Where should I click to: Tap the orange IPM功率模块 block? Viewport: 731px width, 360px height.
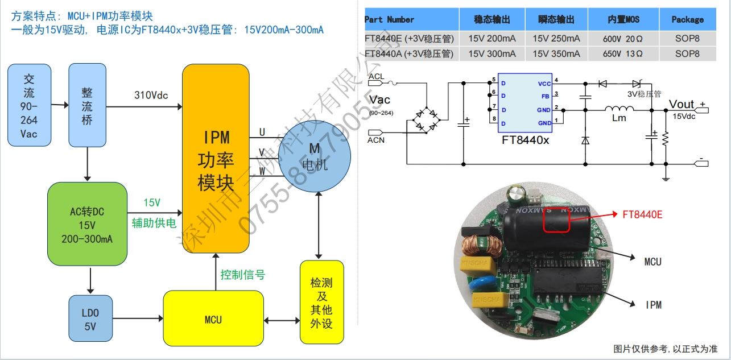pos(216,159)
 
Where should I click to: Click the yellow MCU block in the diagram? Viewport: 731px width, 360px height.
pos(213,320)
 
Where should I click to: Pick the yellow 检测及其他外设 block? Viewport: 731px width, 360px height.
pos(321,302)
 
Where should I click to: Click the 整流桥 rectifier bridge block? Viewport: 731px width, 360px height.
pos(87,105)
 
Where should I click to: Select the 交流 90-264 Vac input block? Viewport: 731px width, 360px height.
pos(29,105)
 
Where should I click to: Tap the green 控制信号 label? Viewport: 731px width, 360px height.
pos(243,275)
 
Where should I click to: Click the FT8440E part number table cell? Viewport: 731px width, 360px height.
pos(410,39)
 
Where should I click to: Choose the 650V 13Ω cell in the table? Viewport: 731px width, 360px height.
pos(623,54)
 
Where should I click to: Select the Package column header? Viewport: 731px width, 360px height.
pos(687,19)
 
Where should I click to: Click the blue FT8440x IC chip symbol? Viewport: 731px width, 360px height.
pos(525,102)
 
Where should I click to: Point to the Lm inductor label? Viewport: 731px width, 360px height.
pos(619,118)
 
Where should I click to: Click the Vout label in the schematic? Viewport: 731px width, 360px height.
pos(682,104)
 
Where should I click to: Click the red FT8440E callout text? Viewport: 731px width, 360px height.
pos(643,214)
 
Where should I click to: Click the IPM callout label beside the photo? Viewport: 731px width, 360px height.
pos(654,305)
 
